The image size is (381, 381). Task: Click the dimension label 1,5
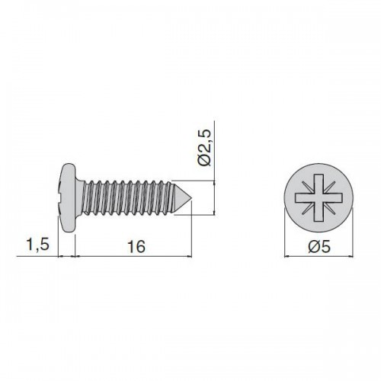click(37, 245)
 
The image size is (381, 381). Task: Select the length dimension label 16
click(136, 246)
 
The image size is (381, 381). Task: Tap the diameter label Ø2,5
click(204, 148)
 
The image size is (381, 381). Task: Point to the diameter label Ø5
click(319, 247)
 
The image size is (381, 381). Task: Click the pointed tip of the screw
click(192, 198)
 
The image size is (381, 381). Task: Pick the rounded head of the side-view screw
click(67, 198)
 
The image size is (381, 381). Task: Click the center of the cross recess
click(319, 197)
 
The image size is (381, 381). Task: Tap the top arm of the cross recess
click(319, 184)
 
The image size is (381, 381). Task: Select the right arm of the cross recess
click(333, 197)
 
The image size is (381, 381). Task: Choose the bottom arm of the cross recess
click(319, 212)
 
